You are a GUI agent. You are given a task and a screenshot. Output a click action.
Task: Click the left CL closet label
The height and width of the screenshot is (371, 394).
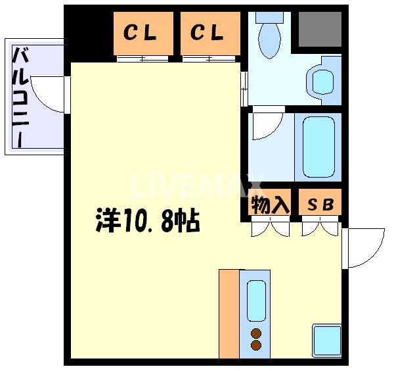[141, 33]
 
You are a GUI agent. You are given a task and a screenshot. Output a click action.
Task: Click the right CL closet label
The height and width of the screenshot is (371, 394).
[207, 33]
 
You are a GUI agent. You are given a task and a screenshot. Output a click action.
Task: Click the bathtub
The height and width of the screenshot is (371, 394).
[318, 147]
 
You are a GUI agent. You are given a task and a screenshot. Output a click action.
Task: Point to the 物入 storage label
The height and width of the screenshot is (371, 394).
[269, 205]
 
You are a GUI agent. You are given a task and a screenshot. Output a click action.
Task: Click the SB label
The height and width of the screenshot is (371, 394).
[320, 205]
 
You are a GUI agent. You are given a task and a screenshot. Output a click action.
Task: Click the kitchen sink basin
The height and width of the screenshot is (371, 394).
[256, 300]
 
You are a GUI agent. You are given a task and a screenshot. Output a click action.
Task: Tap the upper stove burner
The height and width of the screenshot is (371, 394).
[256, 333]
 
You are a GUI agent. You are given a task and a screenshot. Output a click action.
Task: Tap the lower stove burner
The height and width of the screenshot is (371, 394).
[256, 345]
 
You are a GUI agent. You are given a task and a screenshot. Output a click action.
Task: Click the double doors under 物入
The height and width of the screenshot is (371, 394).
[270, 229]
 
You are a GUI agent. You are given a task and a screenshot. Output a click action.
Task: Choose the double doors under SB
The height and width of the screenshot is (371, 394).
[320, 229]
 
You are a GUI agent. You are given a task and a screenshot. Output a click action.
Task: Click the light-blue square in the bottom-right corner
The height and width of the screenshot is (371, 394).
[326, 341]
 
